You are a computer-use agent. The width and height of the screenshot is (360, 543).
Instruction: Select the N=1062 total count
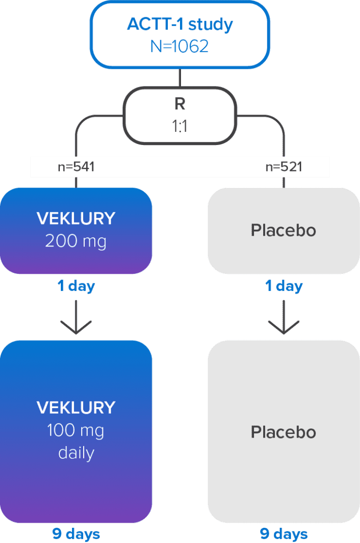tap(179, 47)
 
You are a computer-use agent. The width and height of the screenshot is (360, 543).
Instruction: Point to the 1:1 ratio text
tap(179, 126)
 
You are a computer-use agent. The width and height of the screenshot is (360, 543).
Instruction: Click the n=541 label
tap(76, 166)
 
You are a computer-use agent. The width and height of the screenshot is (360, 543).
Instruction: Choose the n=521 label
tap(283, 166)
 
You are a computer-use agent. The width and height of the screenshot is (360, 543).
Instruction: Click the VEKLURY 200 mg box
tap(76, 231)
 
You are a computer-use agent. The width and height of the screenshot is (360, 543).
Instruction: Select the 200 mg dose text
tap(76, 241)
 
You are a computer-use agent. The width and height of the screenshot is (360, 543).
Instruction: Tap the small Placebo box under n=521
tap(283, 231)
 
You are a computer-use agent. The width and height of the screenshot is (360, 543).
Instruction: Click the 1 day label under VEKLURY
tap(76, 286)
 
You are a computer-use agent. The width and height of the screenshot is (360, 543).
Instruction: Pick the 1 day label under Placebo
tap(283, 286)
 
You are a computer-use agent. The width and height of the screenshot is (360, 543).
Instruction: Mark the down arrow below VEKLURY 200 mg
tap(76, 318)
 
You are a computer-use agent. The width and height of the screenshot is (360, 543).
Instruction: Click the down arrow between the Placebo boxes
tap(283, 318)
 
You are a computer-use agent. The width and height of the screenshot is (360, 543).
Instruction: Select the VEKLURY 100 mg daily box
tap(76, 431)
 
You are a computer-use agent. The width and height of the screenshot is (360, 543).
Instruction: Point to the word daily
tap(76, 452)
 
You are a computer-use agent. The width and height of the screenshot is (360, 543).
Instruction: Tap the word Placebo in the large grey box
tap(283, 432)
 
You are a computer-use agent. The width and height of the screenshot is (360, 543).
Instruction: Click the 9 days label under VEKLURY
tap(76, 534)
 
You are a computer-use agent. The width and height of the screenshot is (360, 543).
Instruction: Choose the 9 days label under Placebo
tap(283, 534)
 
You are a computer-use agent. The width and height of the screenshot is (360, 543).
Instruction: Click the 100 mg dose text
tap(76, 430)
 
